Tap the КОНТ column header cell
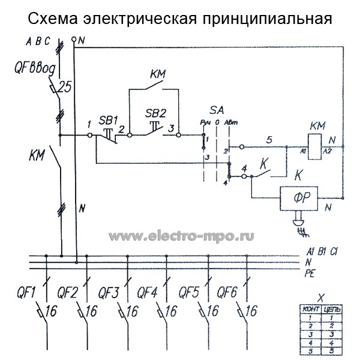[310, 308]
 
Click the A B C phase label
[38, 41]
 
